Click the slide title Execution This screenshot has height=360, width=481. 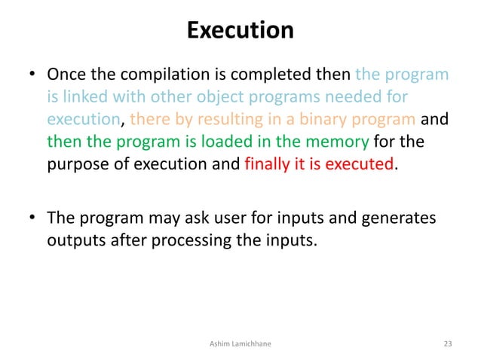[x=240, y=31]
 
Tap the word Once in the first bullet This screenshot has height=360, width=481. [x=66, y=75]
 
